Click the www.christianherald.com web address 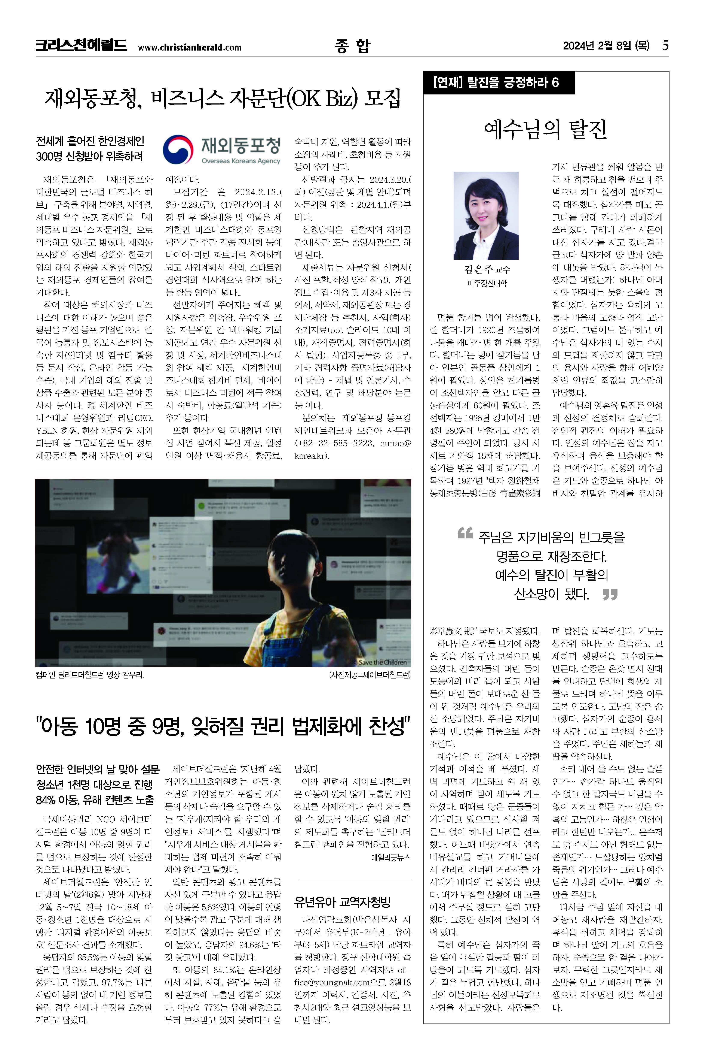pyautogui.click(x=189, y=47)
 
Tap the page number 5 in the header pyautogui.click(x=665, y=45)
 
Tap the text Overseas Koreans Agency pyautogui.click(x=240, y=161)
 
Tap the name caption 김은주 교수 pyautogui.click(x=487, y=269)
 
